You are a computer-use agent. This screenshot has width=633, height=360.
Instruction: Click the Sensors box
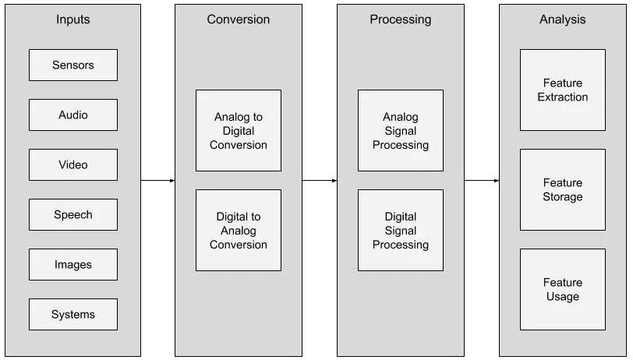coord(73,65)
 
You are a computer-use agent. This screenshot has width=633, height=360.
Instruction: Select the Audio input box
coord(73,115)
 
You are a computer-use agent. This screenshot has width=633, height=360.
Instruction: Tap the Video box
coord(73,165)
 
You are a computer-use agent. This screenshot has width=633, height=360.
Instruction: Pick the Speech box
coord(73,215)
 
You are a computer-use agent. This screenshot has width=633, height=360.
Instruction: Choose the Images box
coord(73,265)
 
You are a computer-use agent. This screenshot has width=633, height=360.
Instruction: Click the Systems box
coord(73,315)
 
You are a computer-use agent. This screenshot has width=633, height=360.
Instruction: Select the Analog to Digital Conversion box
coord(239,131)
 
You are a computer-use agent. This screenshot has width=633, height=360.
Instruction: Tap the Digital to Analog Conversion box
coord(239,231)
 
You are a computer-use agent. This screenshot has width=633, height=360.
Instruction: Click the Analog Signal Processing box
coord(401,131)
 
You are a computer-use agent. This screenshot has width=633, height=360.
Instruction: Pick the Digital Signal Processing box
coord(401,231)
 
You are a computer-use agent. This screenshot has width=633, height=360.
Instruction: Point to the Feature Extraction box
coord(563,90)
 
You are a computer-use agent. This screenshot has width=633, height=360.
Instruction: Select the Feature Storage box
coord(563,190)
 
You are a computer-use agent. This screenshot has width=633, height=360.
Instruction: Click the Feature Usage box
coord(563,290)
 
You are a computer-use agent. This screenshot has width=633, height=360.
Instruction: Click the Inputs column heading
coord(73,19)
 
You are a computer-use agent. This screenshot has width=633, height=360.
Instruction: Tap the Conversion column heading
coord(239,19)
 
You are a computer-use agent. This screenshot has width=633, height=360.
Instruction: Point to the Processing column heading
coord(401,19)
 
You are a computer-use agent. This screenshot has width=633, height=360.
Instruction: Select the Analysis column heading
coord(563,19)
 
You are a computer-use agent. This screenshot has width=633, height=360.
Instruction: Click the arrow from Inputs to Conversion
coord(158,181)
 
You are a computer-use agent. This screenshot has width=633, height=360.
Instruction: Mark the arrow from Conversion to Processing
coord(320,181)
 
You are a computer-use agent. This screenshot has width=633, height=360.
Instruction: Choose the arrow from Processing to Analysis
coord(482,181)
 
